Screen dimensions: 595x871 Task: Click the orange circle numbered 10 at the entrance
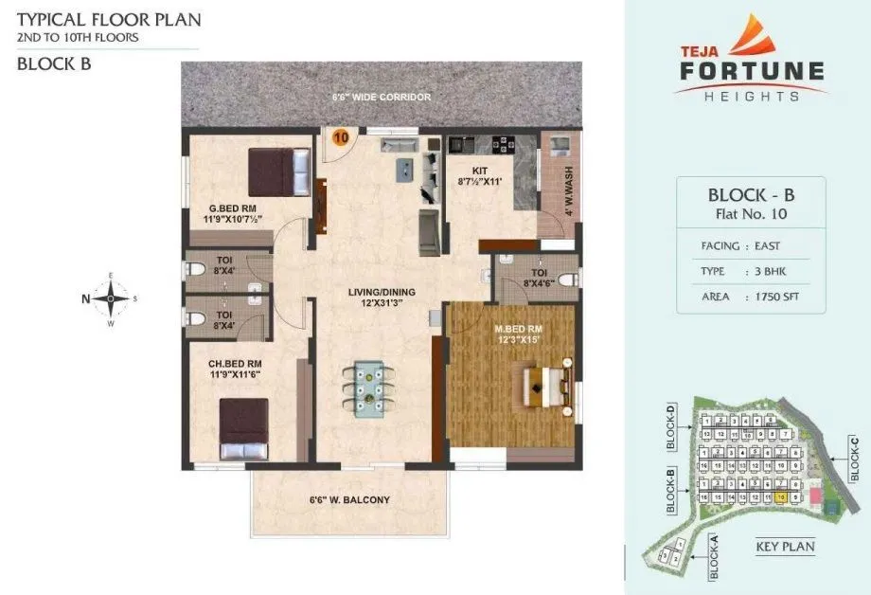click(340, 136)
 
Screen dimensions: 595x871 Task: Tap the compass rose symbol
click(111, 298)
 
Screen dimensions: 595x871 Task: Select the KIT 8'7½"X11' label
click(480, 177)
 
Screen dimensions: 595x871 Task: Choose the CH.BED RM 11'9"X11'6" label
click(234, 368)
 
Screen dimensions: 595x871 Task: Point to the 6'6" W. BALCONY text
click(349, 499)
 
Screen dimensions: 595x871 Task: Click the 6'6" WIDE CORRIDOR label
click(382, 98)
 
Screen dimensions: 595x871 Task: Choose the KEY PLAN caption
click(785, 547)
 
